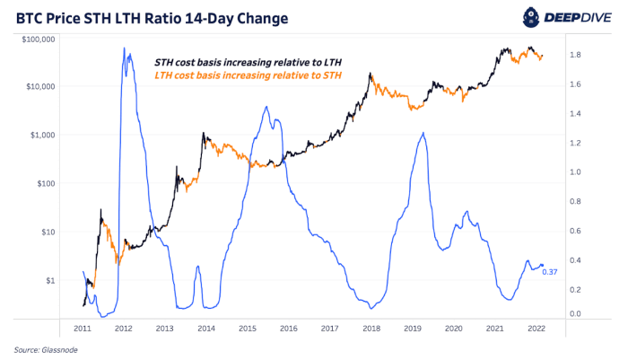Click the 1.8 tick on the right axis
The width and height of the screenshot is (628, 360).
click(577, 55)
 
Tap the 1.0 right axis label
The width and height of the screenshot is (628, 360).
click(577, 171)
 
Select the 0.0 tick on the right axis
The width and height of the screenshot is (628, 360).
click(577, 313)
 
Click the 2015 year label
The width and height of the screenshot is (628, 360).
click(247, 329)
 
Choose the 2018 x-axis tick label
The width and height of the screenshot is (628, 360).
click(371, 329)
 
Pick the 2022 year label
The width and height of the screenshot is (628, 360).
click(536, 329)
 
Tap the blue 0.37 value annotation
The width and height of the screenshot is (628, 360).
click(550, 272)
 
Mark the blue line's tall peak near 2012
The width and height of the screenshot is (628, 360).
click(125, 50)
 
